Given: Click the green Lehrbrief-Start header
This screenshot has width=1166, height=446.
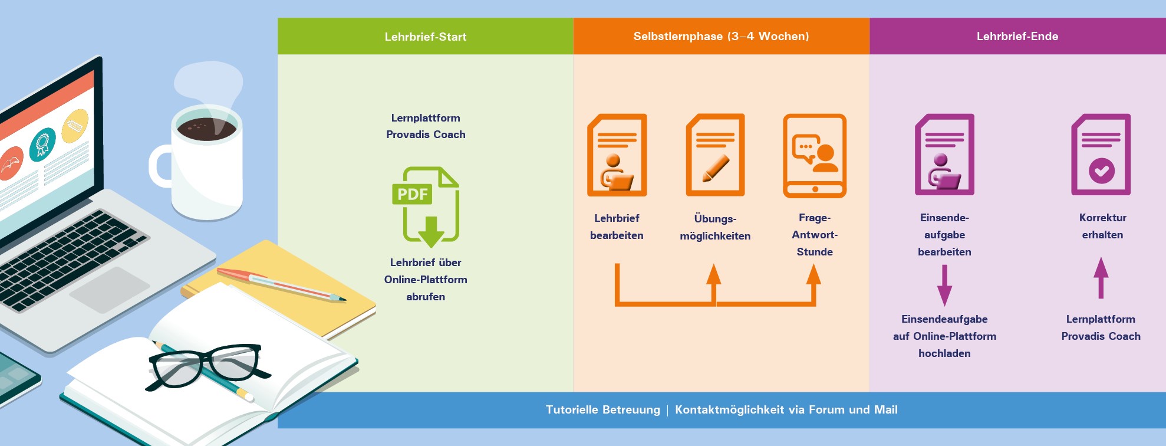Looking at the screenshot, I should click(425, 37).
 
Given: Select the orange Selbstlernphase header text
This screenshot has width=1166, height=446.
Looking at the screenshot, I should click(720, 37).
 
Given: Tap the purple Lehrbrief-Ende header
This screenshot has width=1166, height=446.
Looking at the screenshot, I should click(1017, 37).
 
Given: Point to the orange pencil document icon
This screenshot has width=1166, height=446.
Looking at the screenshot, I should click(715, 155).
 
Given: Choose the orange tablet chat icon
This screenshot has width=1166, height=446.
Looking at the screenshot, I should click(814, 155).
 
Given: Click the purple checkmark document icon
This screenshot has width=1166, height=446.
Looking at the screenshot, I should click(1101, 155).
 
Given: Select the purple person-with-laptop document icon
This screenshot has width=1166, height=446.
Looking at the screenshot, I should click(944, 155).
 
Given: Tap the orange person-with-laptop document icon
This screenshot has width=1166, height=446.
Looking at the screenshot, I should click(617, 155).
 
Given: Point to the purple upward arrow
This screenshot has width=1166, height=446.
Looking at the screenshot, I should click(1101, 278).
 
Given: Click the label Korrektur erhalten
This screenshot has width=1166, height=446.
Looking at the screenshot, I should click(1102, 226).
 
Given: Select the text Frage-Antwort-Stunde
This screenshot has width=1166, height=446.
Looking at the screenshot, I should click(815, 235).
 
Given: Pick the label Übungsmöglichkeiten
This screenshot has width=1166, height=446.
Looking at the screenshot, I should click(715, 227).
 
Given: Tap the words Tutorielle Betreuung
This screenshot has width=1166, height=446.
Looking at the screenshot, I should click(602, 410).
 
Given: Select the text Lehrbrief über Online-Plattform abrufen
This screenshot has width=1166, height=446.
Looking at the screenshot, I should click(426, 280).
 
